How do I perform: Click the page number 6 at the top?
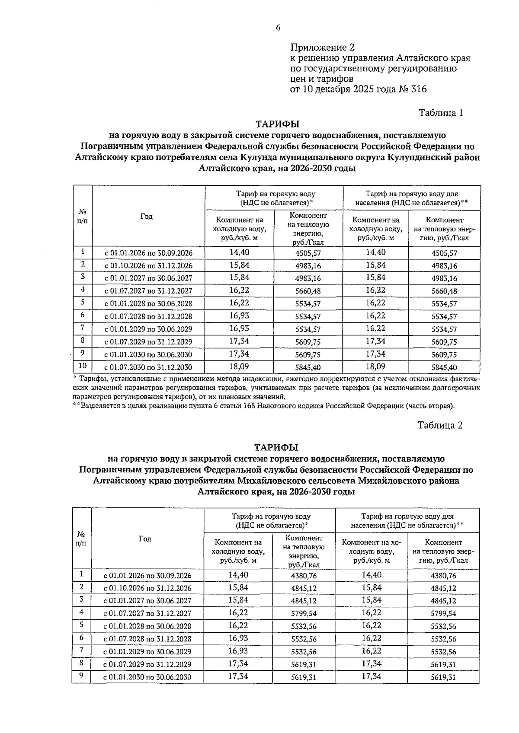(x=278, y=28)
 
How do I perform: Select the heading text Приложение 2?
(x=322, y=47)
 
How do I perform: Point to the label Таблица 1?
(x=441, y=113)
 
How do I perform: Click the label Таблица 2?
(x=440, y=425)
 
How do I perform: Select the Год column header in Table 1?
(x=147, y=217)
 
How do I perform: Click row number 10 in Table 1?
(x=83, y=366)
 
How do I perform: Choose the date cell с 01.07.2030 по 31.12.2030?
(x=148, y=368)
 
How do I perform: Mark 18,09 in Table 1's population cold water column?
(x=375, y=366)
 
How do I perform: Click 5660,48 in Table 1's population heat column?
(x=444, y=291)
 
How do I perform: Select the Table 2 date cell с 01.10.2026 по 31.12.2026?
(x=147, y=588)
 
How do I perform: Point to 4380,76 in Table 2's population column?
(x=443, y=576)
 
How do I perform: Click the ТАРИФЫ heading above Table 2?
(x=276, y=447)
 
